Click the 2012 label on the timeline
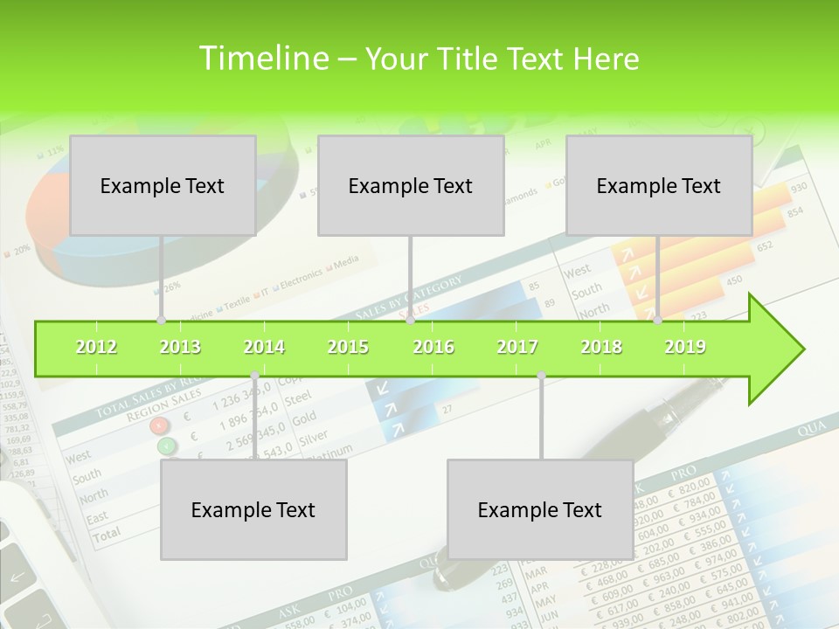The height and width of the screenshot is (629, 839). coord(96,347)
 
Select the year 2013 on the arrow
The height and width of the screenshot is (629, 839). coord(180,347)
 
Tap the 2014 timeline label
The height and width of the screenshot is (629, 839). coord(264,347)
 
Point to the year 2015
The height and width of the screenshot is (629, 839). coord(348,347)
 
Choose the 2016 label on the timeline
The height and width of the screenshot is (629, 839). coord(433,347)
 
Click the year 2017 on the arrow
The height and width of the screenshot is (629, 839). coord(517,347)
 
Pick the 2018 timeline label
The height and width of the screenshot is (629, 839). coord(601,347)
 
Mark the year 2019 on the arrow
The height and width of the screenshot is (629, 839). coord(685,347)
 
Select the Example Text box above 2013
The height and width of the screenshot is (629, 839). coord(163,185)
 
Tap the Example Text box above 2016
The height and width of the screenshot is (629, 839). coord(411,185)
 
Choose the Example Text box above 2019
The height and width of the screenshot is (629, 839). coord(659,185)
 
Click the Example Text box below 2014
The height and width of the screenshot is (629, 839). coord(253,509)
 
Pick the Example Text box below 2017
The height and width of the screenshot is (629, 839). coord(540,509)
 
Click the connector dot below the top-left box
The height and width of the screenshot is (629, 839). coord(161,321)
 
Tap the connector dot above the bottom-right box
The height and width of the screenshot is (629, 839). coord(541,376)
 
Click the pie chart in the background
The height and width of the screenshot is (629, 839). coord(52,218)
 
